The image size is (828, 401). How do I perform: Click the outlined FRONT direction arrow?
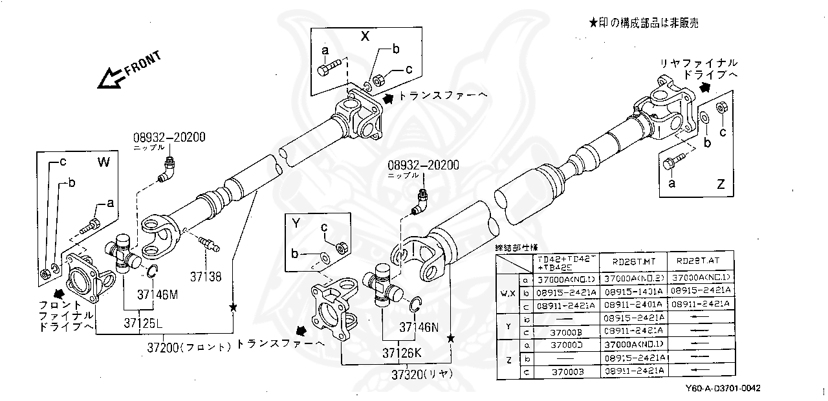[107, 78]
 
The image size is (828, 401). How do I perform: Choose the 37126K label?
[401, 353]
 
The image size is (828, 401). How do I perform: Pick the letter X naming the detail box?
[365, 37]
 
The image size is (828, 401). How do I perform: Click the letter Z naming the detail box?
[721, 184]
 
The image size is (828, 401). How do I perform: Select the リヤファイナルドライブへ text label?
[698, 69]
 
